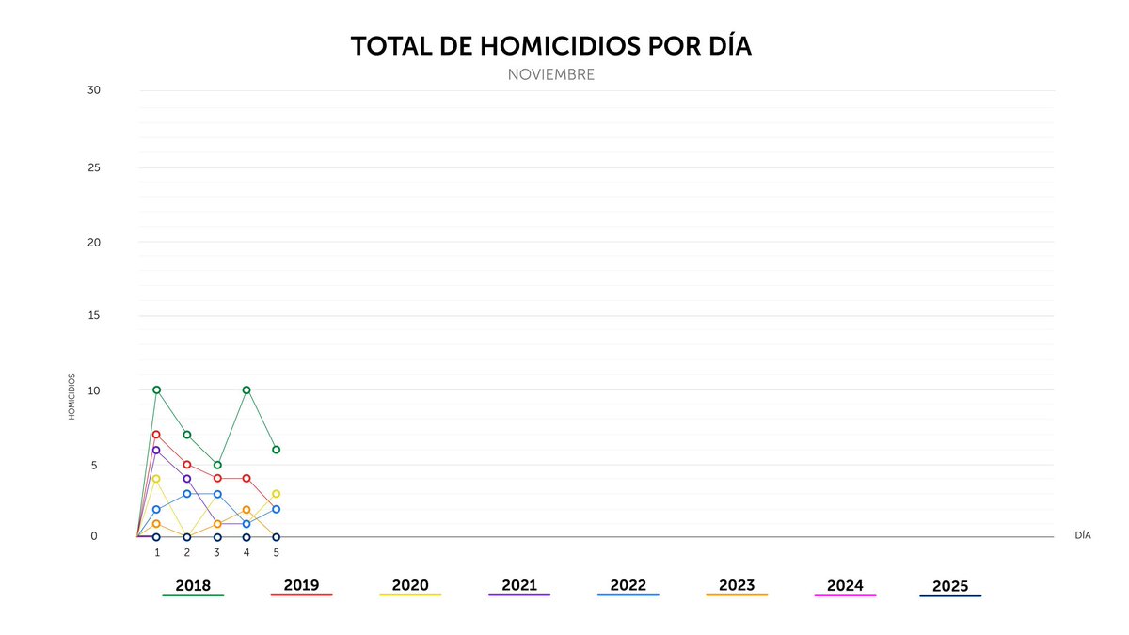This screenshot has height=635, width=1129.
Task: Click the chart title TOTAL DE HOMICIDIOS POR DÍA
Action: pyautogui.click(x=551, y=46)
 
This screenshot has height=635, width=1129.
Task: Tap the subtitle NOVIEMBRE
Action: pyautogui.click(x=551, y=74)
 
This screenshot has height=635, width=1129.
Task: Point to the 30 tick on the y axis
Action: pyautogui.click(x=94, y=90)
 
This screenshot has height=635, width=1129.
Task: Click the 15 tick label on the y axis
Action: pyautogui.click(x=94, y=315)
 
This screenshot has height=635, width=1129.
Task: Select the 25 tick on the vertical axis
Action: pyautogui.click(x=94, y=167)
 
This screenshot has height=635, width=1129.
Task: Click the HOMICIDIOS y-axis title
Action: pyautogui.click(x=72, y=397)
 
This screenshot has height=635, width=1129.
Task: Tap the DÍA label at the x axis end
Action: pyautogui.click(x=1082, y=534)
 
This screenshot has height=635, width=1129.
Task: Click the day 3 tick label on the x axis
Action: pyautogui.click(x=216, y=552)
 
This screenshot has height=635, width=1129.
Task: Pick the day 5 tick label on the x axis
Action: pyautogui.click(x=276, y=552)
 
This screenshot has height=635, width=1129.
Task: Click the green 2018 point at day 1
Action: pyautogui.click(x=156, y=389)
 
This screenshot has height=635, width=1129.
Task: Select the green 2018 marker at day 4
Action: pyautogui.click(x=246, y=389)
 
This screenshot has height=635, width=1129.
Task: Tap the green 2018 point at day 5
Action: pyautogui.click(x=276, y=450)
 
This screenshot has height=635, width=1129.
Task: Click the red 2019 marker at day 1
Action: pyautogui.click(x=156, y=435)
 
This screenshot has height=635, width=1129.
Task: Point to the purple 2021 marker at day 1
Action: pyautogui.click(x=156, y=450)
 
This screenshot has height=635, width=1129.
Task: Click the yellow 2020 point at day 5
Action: pyautogui.click(x=276, y=494)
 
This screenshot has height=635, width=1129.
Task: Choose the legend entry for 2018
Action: pyautogui.click(x=193, y=585)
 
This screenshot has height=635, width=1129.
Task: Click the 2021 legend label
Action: pyautogui.click(x=519, y=585)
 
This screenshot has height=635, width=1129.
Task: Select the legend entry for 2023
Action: pyautogui.click(x=737, y=585)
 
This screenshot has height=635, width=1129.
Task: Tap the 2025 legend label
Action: pyautogui.click(x=950, y=586)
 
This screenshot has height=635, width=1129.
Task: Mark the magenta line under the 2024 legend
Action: pyautogui.click(x=845, y=595)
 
